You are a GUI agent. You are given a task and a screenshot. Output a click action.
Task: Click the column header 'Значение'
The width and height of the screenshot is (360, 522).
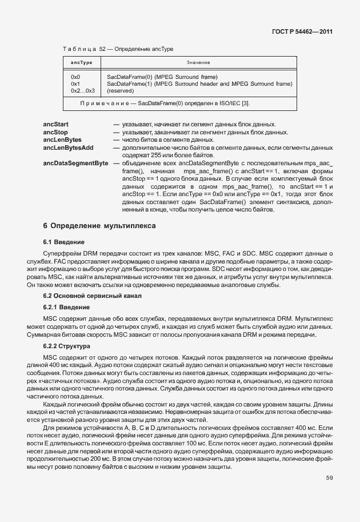[x=198, y=62]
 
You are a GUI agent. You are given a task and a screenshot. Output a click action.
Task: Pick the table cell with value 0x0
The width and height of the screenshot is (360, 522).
[x=75, y=77]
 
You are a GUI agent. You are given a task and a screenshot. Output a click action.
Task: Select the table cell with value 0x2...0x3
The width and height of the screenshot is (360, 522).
[x=83, y=90]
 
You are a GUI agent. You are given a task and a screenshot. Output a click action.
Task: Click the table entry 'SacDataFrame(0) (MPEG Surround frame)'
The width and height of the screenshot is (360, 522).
[x=162, y=77]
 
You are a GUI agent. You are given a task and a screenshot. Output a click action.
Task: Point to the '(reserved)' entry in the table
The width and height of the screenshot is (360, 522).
[x=121, y=90]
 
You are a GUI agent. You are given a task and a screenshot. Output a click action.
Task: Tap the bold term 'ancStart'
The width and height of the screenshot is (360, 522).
[x=56, y=124]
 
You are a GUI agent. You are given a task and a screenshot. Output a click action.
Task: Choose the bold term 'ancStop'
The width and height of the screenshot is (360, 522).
[x=55, y=132]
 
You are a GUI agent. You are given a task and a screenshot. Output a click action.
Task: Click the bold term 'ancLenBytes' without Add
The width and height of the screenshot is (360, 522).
[x=62, y=140]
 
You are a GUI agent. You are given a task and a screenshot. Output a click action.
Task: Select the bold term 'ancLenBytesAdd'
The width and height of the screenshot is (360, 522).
[x=68, y=148]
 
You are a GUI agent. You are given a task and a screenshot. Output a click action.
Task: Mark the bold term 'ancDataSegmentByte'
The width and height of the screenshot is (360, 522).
[x=75, y=163]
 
